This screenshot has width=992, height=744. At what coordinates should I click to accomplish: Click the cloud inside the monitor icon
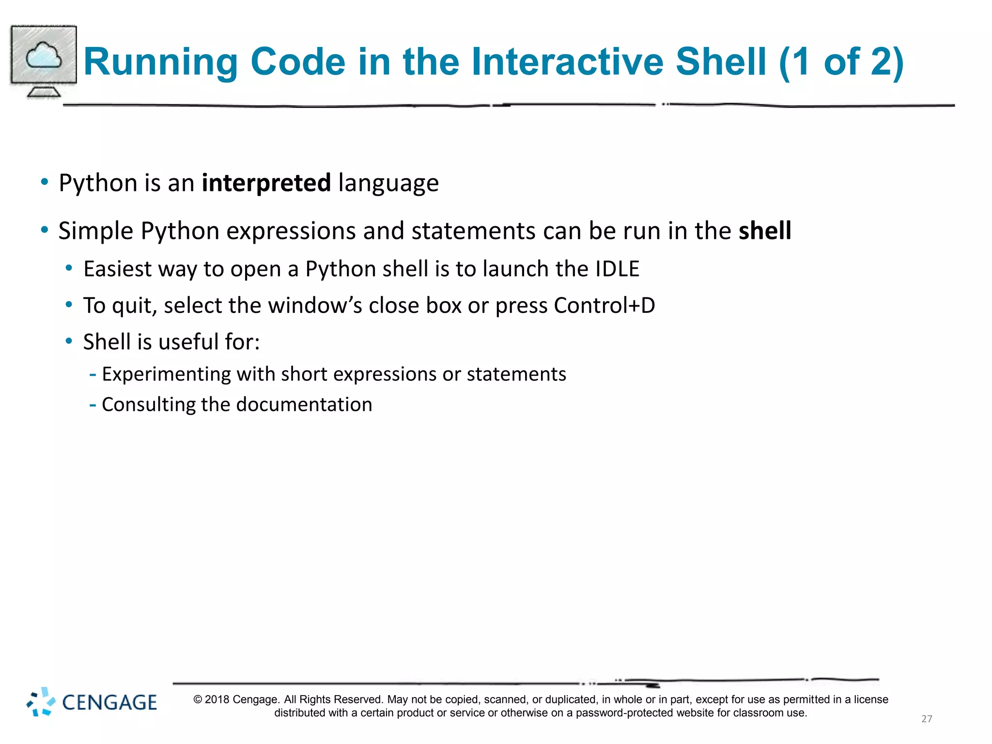44,56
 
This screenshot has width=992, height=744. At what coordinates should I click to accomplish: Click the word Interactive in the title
567,62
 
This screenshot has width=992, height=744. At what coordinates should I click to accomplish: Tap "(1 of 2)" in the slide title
841,62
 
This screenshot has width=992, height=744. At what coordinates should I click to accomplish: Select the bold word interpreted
266,183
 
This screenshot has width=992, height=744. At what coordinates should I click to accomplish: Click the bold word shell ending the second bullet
764,231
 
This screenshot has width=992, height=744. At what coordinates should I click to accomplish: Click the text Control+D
604,306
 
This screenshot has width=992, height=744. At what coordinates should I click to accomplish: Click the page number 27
926,719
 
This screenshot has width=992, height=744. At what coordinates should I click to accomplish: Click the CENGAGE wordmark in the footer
109,702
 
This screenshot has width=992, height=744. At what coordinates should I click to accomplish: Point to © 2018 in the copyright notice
211,699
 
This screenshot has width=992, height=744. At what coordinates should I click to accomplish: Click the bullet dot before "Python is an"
45,182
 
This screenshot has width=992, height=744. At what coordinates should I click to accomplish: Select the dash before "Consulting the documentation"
93,404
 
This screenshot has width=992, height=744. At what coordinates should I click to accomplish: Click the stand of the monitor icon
44,91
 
